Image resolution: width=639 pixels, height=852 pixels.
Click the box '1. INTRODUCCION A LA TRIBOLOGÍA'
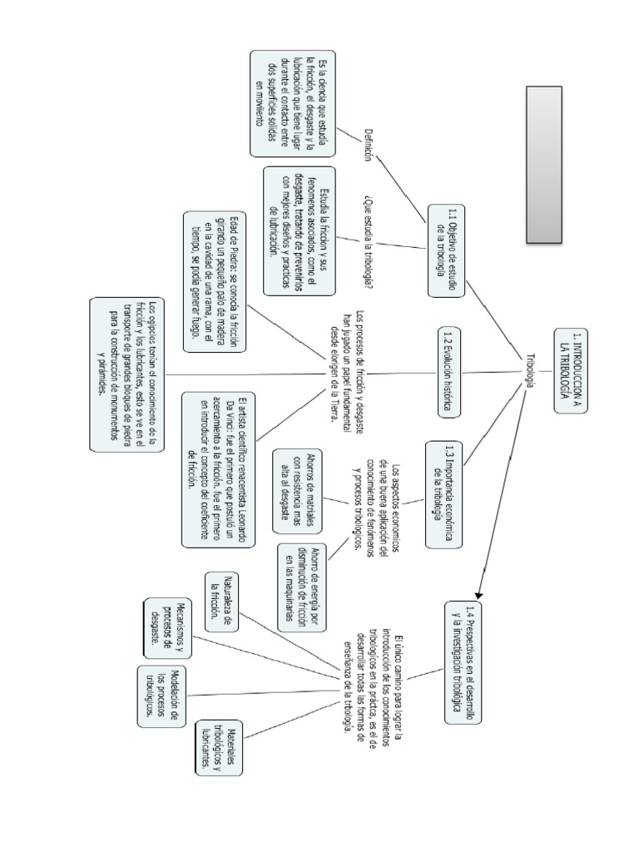pyautogui.click(x=572, y=366)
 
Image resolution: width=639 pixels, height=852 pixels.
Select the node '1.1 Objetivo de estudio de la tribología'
pyautogui.click(x=447, y=250)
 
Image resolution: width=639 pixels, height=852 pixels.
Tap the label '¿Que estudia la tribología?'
pyautogui.click(x=368, y=242)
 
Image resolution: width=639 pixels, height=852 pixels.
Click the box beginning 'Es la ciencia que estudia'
pyautogui.click(x=293, y=103)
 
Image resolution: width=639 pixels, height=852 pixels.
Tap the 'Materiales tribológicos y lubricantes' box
pyautogui.click(x=219, y=749)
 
